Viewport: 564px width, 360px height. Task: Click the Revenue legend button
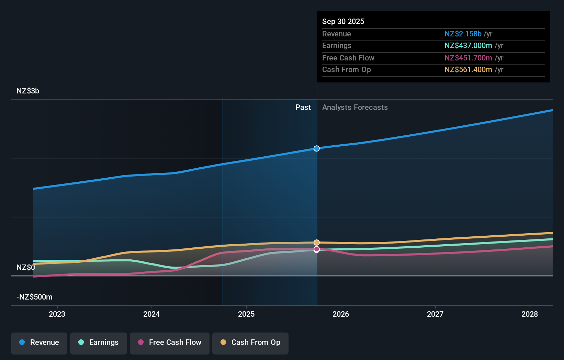(x=39, y=343)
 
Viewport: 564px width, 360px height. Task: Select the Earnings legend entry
(x=99, y=343)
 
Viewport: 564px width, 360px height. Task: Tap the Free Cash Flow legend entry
(x=170, y=343)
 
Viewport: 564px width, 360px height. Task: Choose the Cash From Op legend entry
(x=250, y=343)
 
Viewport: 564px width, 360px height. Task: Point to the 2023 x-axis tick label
(x=57, y=314)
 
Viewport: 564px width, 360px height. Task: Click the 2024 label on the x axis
(x=151, y=314)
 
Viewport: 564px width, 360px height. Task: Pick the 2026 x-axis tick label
(x=341, y=314)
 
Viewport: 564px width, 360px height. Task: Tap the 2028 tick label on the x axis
(x=530, y=314)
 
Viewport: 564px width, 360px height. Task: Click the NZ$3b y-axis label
(x=28, y=91)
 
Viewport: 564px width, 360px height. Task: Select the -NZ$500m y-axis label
(x=34, y=297)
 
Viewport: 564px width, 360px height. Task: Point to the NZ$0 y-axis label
(x=25, y=268)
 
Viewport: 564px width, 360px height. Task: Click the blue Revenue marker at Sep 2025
(x=317, y=148)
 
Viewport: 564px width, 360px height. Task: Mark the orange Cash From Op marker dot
(x=317, y=243)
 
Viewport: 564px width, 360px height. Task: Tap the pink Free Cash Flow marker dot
(x=317, y=249)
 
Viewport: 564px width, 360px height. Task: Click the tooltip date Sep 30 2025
(x=343, y=22)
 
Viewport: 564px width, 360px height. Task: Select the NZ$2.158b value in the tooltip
(x=463, y=34)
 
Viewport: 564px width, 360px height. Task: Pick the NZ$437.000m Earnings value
(x=468, y=46)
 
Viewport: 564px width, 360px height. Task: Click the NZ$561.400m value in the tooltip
(x=468, y=70)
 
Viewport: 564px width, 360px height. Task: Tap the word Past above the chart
(x=303, y=108)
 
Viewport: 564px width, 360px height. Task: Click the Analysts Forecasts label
(x=355, y=108)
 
